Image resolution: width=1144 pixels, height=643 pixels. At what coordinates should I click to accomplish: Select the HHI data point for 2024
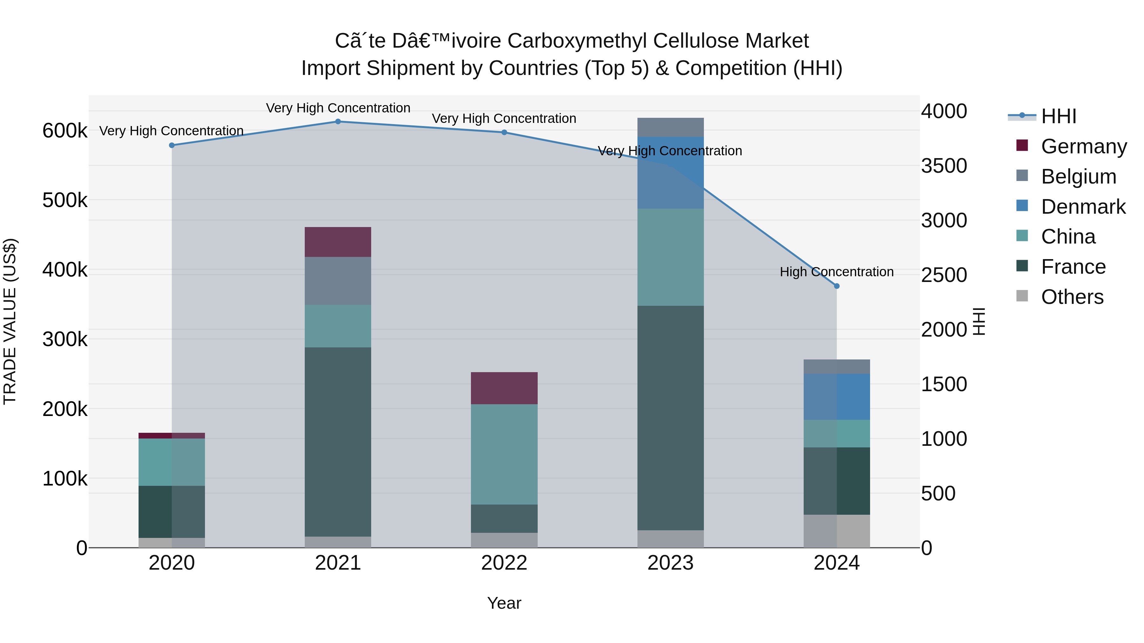point(837,286)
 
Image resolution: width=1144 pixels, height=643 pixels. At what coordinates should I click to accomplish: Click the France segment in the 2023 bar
point(670,418)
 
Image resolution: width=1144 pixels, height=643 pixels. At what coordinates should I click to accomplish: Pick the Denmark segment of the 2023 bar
point(670,173)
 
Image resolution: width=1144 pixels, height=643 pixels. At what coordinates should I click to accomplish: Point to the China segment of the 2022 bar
point(504,454)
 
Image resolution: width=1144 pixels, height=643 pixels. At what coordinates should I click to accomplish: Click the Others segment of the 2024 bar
point(837,531)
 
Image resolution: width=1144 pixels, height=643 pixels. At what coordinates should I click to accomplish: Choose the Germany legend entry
point(1084,146)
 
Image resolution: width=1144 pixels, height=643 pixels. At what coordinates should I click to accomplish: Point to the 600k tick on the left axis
point(65,131)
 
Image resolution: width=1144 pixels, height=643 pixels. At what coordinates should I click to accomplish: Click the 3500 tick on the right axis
point(944,166)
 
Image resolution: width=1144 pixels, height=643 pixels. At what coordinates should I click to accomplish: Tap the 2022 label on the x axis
point(504,563)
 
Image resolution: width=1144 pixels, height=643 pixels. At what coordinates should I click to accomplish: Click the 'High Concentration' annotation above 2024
point(837,271)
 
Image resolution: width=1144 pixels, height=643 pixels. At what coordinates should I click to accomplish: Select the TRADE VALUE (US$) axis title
point(10,321)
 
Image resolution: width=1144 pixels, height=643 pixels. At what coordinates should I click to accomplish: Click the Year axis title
point(504,603)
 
